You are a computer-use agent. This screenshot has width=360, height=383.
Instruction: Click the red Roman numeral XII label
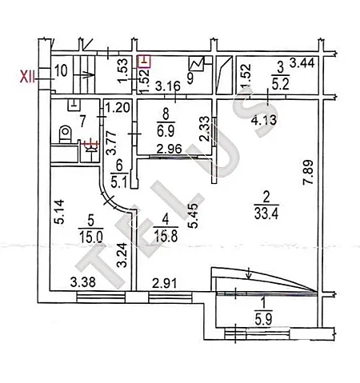[x=28, y=78]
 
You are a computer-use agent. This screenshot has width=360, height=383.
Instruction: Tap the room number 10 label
[x=61, y=71]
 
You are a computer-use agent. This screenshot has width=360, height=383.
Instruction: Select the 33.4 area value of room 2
[x=266, y=213]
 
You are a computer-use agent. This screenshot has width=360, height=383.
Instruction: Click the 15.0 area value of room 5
[x=91, y=237]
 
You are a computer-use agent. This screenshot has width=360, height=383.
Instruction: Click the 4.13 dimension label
[x=264, y=120]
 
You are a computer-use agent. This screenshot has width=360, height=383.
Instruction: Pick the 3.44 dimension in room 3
[x=302, y=63]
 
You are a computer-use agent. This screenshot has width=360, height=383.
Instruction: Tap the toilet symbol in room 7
[x=66, y=134]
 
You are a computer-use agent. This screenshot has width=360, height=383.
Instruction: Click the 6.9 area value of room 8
[x=166, y=131]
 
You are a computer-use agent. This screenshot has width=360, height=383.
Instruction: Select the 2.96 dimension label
[x=170, y=149]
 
